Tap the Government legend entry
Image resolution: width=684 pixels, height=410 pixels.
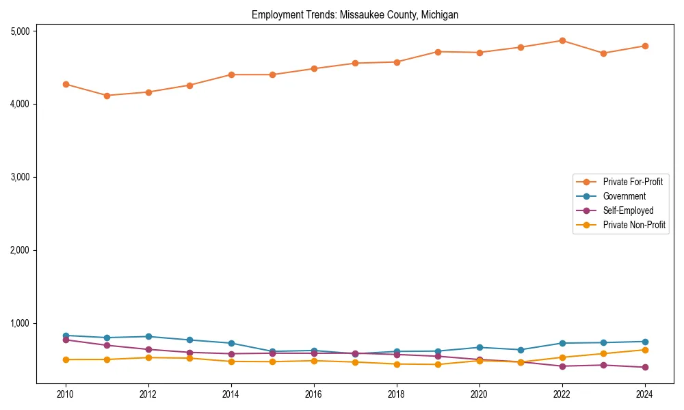pyautogui.click(x=624, y=196)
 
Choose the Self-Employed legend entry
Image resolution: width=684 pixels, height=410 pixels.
pyautogui.click(x=628, y=210)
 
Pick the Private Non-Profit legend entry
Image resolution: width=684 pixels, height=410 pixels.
pyautogui.click(x=634, y=225)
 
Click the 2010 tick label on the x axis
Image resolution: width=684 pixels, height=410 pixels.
pyautogui.click(x=66, y=394)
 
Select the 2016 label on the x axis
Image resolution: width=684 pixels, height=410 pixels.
pyautogui.click(x=313, y=394)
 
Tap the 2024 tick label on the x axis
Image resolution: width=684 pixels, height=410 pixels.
pyautogui.click(x=644, y=394)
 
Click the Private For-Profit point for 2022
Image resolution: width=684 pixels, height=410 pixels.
pyautogui.click(x=562, y=40)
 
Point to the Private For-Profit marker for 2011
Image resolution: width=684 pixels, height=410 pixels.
pyautogui.click(x=107, y=96)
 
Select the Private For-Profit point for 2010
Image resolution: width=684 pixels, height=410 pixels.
pyautogui.click(x=66, y=84)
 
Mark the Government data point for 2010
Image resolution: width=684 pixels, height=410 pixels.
pyautogui.click(x=66, y=336)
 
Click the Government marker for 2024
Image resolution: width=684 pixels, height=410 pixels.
pyautogui.click(x=644, y=342)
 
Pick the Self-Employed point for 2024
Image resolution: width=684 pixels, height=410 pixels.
pyautogui.click(x=644, y=367)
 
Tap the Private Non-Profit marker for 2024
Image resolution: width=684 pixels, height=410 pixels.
pyautogui.click(x=644, y=350)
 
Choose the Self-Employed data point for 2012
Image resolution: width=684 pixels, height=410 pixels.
pyautogui.click(x=148, y=349)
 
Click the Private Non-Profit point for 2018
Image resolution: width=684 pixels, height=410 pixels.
pyautogui.click(x=396, y=364)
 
